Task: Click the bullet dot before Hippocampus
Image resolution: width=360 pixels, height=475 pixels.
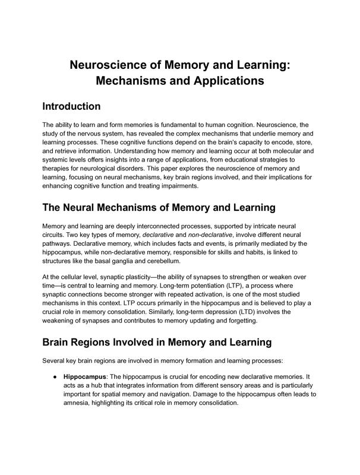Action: (x=55, y=376)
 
